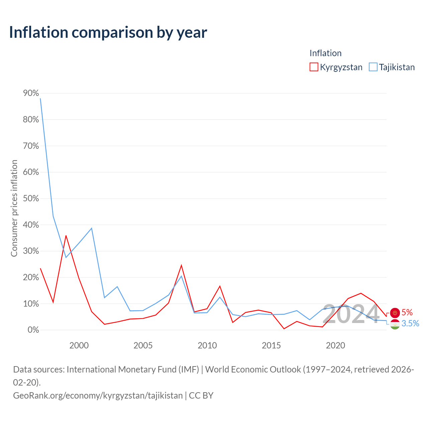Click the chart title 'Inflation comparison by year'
pos(108,32)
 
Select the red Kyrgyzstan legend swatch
pos(314,67)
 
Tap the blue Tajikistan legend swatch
pos(373,67)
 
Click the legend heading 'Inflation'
pos(325,53)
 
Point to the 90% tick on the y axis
pos(31,93)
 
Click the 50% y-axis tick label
pos(31,198)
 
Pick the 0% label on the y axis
pos(33,330)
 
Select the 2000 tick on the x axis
pos(79,346)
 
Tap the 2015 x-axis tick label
pos(271,346)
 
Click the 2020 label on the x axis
pos(335,346)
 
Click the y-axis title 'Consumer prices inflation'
pos(14,208)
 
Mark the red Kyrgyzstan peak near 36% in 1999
pos(66,236)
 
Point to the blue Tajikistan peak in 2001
pos(92,228)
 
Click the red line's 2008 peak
pos(181,265)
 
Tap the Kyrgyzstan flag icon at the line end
pos(395,313)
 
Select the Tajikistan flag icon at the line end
pos(395,324)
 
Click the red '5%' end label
pos(407,313)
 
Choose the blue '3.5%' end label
pos(410,324)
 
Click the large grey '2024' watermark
pos(351,314)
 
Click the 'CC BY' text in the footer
pos(201,396)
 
